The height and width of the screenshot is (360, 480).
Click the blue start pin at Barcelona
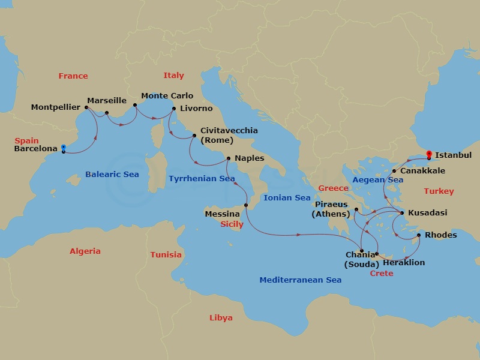(x=63, y=149)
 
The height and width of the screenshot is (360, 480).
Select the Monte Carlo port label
(x=167, y=95)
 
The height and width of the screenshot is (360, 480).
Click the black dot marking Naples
(x=228, y=159)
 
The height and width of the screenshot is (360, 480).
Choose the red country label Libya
(x=221, y=317)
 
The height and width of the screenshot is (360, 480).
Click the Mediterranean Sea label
(x=300, y=280)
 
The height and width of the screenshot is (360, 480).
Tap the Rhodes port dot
(x=419, y=235)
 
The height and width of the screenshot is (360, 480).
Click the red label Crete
(x=382, y=273)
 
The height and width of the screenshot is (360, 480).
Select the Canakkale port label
(x=422, y=171)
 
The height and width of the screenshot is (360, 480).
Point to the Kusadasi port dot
(x=401, y=213)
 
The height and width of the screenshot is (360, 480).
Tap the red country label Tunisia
(x=166, y=254)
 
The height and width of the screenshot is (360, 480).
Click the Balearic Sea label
(x=112, y=174)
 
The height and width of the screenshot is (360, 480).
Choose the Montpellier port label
(x=56, y=107)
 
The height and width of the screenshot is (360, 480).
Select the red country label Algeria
(x=85, y=251)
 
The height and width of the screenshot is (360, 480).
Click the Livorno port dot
(x=173, y=109)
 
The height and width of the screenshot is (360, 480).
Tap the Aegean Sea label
(x=377, y=179)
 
